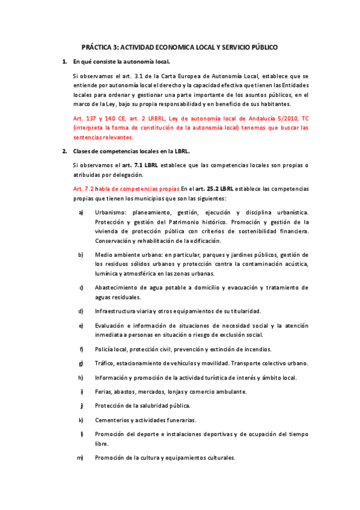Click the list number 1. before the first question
pos(64,61)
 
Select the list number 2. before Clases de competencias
pos(64,150)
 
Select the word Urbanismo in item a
pos(112,213)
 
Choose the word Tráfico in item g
pos(106,363)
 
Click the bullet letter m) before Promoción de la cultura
pos(79,458)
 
